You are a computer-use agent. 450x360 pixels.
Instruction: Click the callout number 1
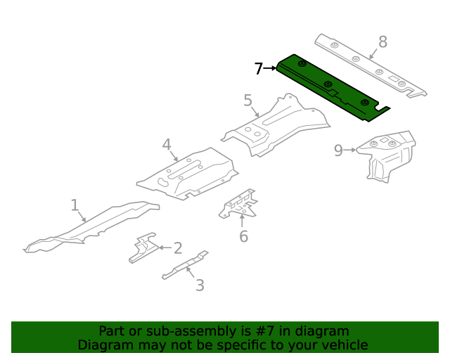point(75,205)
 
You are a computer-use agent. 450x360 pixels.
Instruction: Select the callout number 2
point(178,247)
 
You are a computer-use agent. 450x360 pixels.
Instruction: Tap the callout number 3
point(200,285)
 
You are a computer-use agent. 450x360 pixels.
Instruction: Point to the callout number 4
point(167,145)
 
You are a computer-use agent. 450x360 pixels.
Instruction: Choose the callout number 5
point(247,101)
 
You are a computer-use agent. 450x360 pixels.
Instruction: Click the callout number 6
point(243,236)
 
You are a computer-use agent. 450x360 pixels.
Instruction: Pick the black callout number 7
point(259,68)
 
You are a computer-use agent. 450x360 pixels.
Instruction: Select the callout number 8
point(382,42)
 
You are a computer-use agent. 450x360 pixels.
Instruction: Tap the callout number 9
point(338,150)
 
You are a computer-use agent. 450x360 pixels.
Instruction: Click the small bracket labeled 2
point(144,247)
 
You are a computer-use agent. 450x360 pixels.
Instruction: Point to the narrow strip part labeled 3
point(184,266)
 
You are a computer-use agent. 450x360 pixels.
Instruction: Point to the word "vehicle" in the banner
point(345,345)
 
